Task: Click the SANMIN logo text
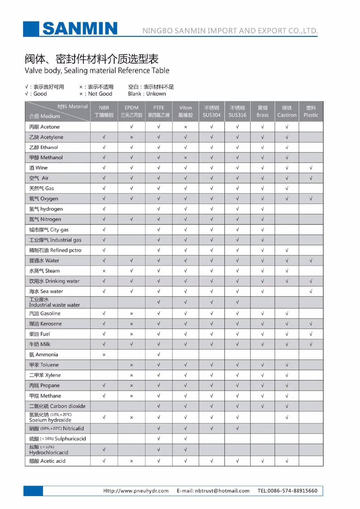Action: pos(80,28)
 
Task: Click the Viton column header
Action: pos(185,111)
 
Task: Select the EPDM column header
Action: pos(131,111)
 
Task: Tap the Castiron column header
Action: pos(287,111)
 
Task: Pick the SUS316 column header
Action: pos(237,111)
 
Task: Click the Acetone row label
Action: pos(45,127)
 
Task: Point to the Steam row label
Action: pos(45,271)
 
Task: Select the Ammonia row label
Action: pos(44,355)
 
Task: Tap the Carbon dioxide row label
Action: pos(58,406)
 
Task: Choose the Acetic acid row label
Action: pos(48,461)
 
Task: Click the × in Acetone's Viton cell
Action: pos(185,127)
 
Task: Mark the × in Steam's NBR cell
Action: pos(104,271)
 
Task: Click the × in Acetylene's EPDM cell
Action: pos(131,137)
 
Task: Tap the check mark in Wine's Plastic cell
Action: pos(311,168)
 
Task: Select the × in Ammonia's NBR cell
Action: pos(104,355)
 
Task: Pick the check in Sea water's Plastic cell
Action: pos(311,291)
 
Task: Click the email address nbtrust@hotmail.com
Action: pos(222,491)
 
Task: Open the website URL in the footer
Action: pos(136,491)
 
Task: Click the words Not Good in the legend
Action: pos(100,94)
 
